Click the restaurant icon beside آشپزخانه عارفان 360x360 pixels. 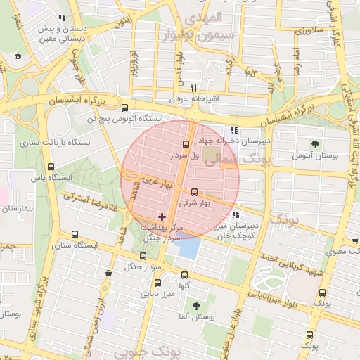pyautogui.click(x=193, y=88)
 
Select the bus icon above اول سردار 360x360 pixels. pyautogui.click(x=186, y=144)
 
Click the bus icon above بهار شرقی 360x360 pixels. pyautogui.click(x=194, y=191)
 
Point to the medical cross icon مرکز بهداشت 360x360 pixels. pyautogui.click(x=163, y=216)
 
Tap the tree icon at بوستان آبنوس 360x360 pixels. pyautogui.click(x=314, y=143)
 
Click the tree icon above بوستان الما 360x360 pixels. pyautogui.click(x=195, y=306)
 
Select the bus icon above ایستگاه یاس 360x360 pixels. pyautogui.click(x=50, y=167)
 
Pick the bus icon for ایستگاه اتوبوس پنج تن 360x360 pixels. pyautogui.click(x=124, y=108)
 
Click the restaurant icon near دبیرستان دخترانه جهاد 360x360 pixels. pyautogui.click(x=234, y=130)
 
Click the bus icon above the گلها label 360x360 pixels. pyautogui.click(x=185, y=275)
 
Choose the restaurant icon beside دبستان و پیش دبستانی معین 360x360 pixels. pyautogui.click(x=62, y=18)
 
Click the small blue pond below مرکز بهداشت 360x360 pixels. pyautogui.click(x=188, y=247)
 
